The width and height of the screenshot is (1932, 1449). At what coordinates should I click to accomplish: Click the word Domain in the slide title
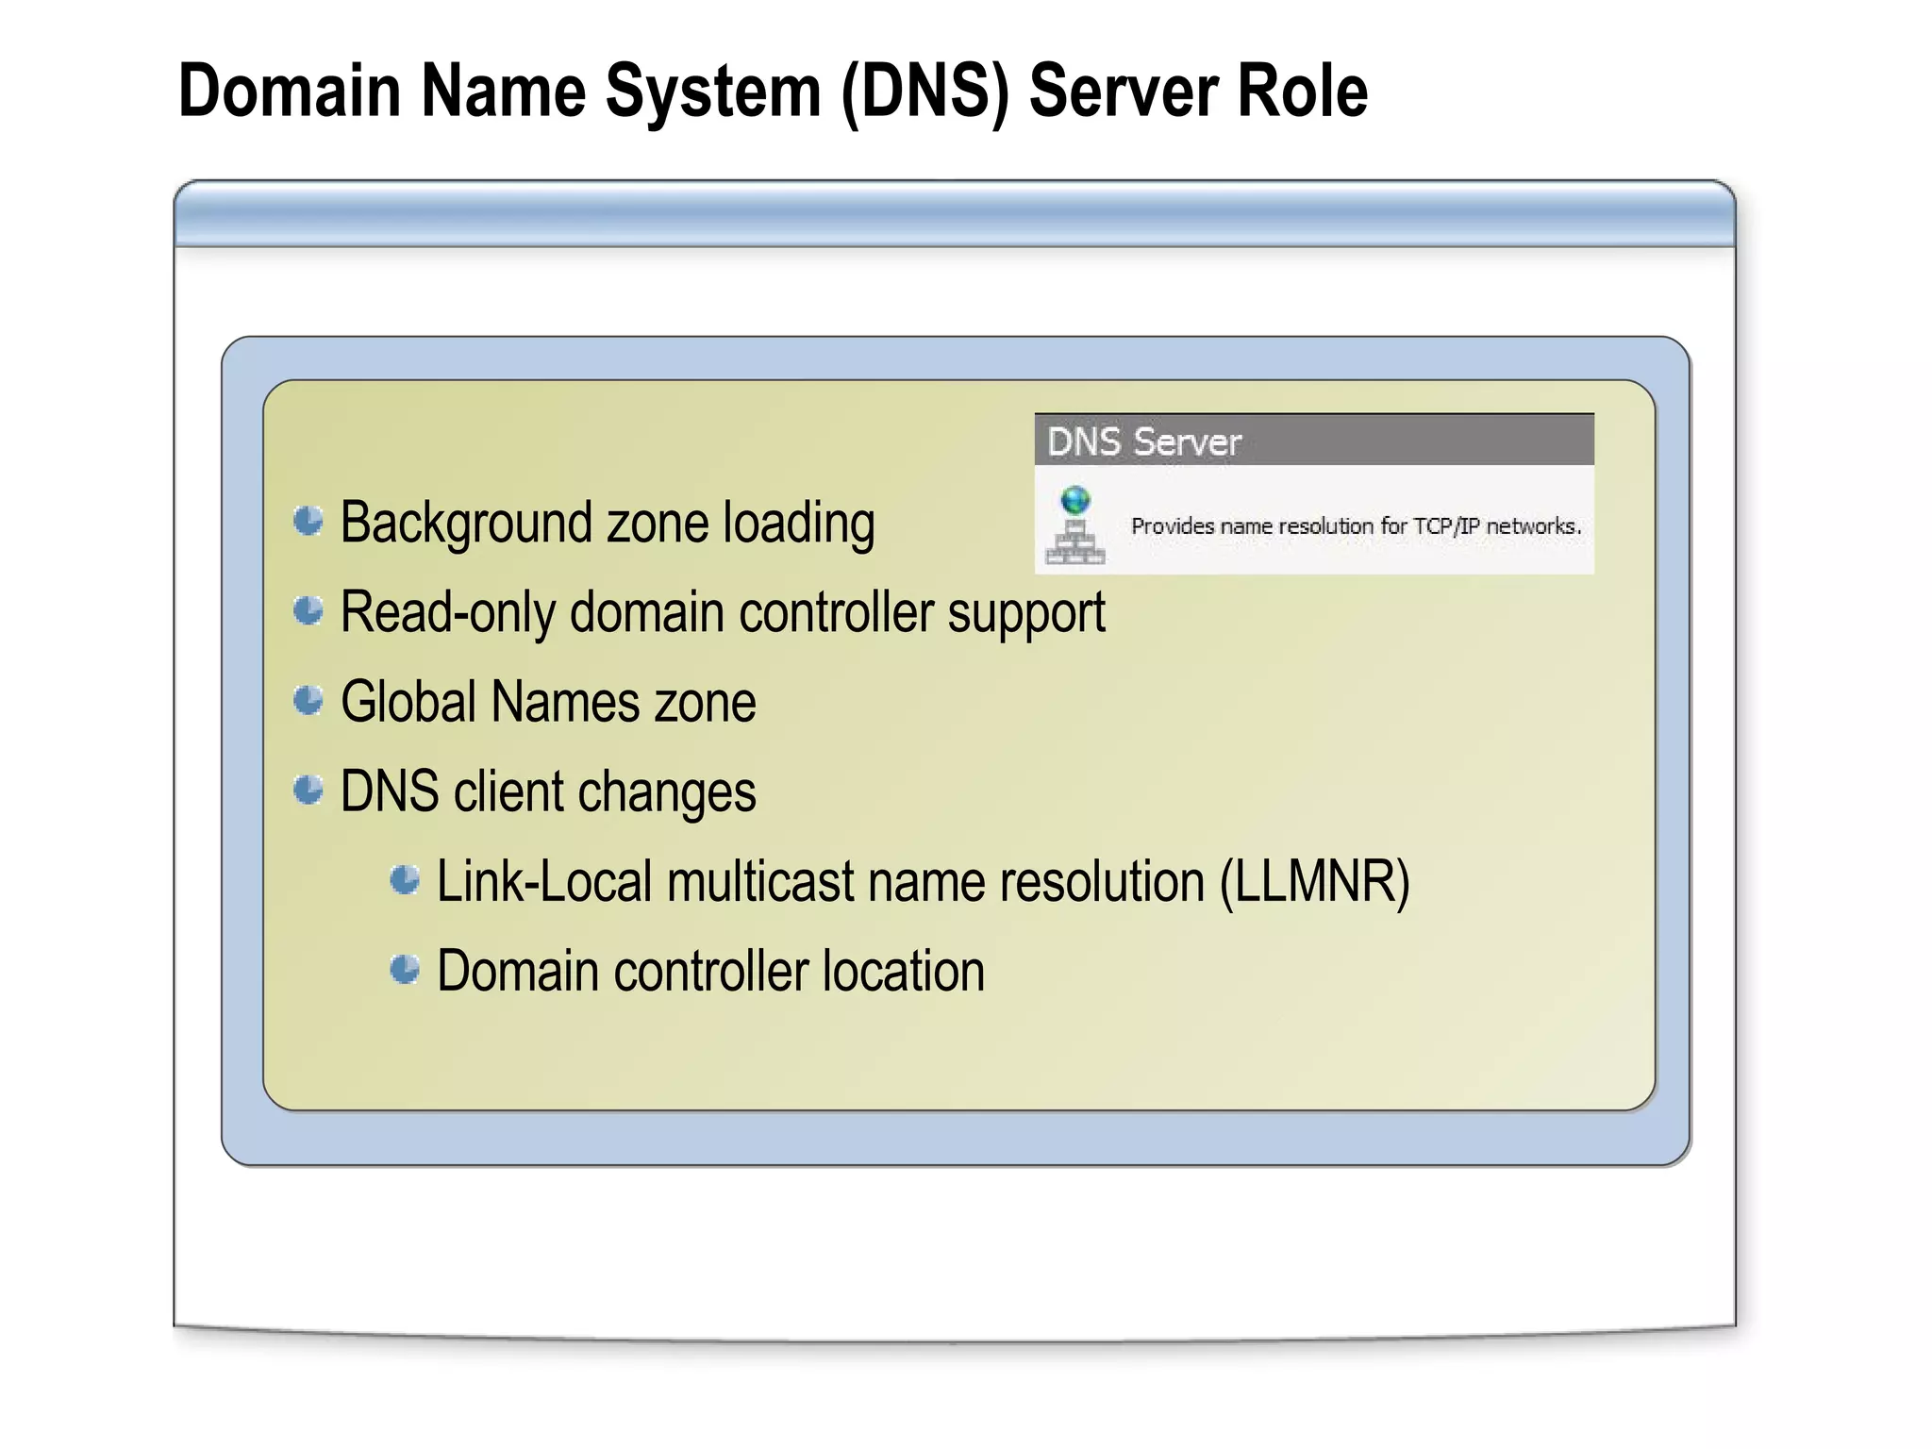pyautogui.click(x=290, y=91)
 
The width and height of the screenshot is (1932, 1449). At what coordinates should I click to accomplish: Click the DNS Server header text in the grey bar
pyautogui.click(x=1143, y=441)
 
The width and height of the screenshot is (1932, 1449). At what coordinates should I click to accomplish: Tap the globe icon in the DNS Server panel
pyautogui.click(x=1075, y=500)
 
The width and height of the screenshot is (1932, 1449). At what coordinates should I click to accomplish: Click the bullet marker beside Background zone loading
pyautogui.click(x=308, y=521)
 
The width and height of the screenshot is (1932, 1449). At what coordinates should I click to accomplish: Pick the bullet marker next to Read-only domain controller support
pyautogui.click(x=308, y=610)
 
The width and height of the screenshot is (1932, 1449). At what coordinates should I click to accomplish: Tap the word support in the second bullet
pyautogui.click(x=1025, y=614)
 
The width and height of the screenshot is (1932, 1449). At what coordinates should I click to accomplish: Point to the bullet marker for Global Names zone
pyautogui.click(x=308, y=700)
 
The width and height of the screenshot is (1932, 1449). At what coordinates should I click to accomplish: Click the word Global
pyautogui.click(x=408, y=702)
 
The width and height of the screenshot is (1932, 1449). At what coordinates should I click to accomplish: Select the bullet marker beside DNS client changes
pyautogui.click(x=308, y=790)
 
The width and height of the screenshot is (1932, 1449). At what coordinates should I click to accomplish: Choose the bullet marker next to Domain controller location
pyautogui.click(x=405, y=969)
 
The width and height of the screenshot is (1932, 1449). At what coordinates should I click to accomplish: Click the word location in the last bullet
pyautogui.click(x=903, y=971)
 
